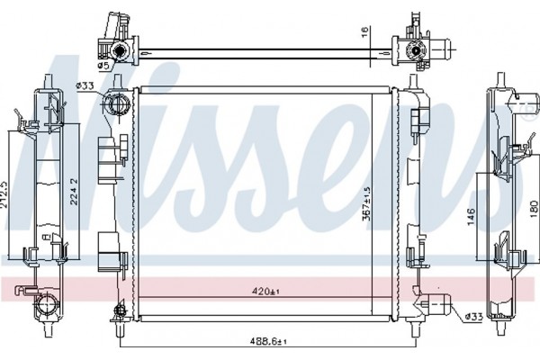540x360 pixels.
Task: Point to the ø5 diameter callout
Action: [x=103, y=65]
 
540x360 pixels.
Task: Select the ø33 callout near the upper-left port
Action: [x=86, y=85]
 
